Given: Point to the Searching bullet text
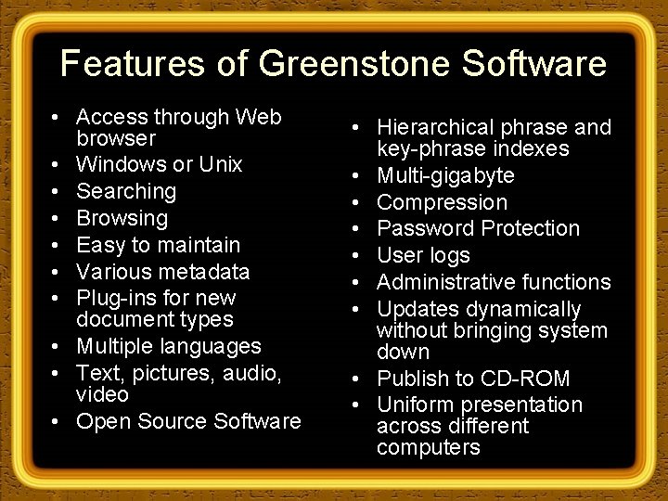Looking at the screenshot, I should coord(125,192).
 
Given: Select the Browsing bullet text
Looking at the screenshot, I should coord(122,219).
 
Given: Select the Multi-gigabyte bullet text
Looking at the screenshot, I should coord(445,176).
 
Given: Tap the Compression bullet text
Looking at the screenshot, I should coord(442,202).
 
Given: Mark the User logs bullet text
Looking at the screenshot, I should coord(423,255).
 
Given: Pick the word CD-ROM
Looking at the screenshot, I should coord(537,379).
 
